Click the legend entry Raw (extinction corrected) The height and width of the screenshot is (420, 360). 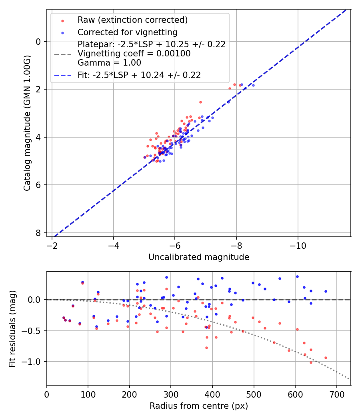click(132, 20)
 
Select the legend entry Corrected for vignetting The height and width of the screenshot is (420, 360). click(127, 32)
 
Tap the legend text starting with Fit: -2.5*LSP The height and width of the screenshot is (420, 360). click(139, 75)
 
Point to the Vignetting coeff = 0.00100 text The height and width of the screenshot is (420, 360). click(134, 54)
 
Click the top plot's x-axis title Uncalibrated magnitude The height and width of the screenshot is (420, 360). click(199, 257)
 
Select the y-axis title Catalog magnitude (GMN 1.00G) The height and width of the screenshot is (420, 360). click(27, 122)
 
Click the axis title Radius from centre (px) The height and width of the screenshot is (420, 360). click(199, 406)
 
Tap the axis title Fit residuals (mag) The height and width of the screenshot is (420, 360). click(12, 328)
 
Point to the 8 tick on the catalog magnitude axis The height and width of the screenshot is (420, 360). click(38, 233)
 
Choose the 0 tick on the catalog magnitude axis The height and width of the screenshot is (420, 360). click(38, 42)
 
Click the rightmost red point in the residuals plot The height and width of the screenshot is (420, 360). click(326, 358)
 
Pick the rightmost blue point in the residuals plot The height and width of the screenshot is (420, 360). click(326, 291)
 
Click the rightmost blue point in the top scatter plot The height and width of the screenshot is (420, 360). click(253, 85)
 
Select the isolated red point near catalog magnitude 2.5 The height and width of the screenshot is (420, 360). click(200, 102)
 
